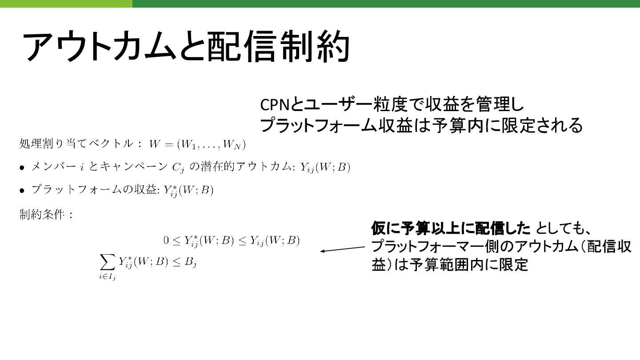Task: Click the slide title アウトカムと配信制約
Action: coord(186,47)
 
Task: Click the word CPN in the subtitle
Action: coord(275,105)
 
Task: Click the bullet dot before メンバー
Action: coord(22,168)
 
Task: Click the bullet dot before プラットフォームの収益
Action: coord(22,191)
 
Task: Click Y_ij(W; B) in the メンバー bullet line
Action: coord(325,168)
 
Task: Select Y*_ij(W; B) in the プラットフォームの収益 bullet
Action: coord(188,191)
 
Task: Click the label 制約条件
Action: coord(43,215)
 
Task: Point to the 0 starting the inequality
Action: coord(166,241)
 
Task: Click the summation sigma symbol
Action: coord(108,263)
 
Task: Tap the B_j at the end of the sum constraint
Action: coord(191,263)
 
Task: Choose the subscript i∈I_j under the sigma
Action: coord(108,278)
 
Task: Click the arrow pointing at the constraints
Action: coord(342,249)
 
